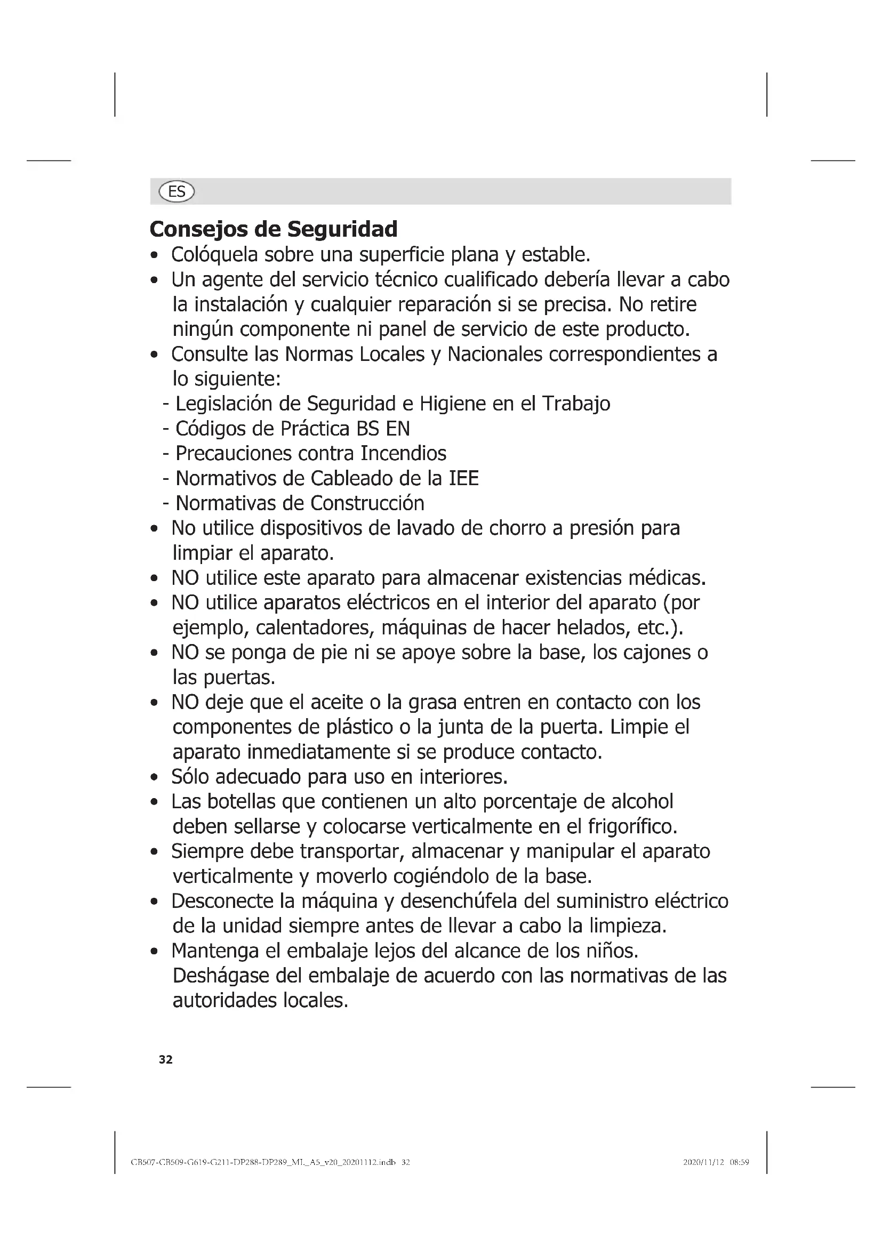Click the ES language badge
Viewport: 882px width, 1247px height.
pos(176,191)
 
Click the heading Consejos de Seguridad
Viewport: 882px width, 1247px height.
pos(273,229)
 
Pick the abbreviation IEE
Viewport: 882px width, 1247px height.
pos(464,478)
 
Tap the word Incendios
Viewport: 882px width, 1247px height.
pos(403,453)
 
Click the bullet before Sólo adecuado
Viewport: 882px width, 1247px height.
pos(155,778)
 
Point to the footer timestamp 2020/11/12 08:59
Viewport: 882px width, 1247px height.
pos(716,1162)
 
